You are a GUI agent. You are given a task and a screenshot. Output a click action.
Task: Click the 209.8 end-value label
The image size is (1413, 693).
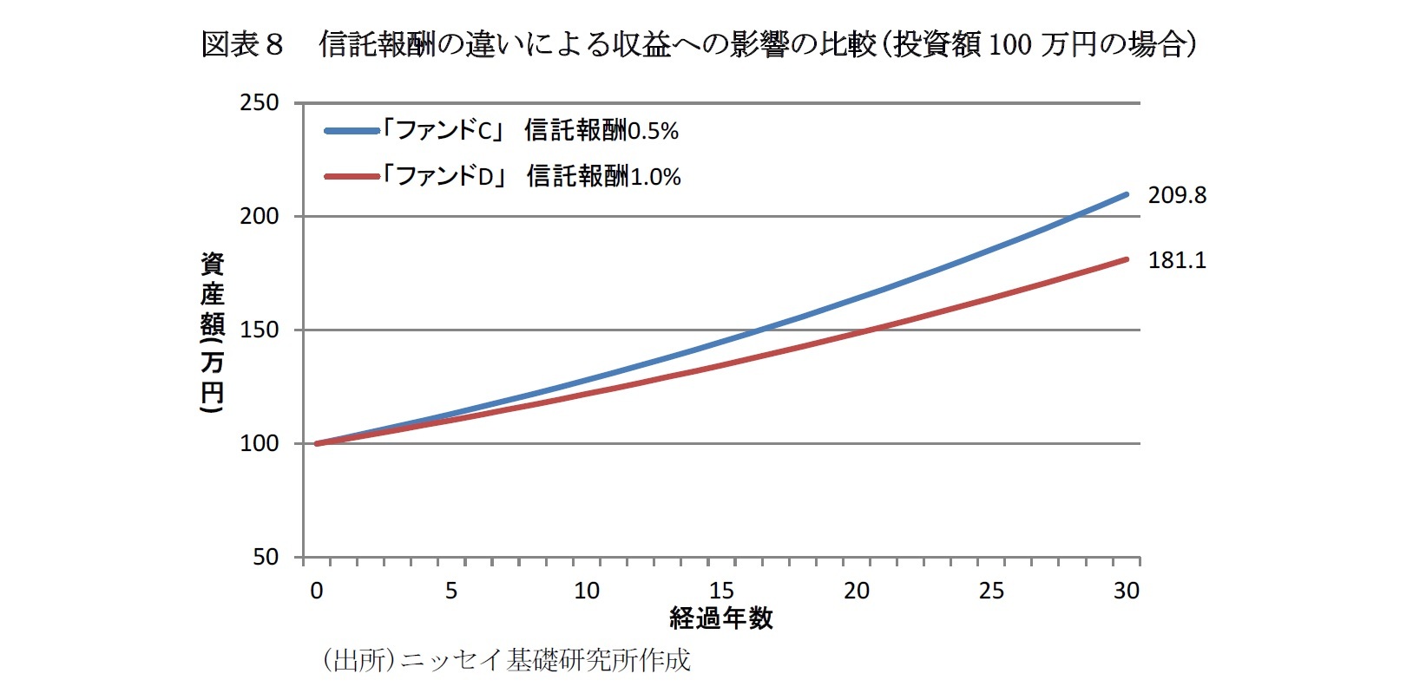coord(1177,195)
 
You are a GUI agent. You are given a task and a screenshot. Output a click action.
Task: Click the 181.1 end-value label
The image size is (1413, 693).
coord(1177,260)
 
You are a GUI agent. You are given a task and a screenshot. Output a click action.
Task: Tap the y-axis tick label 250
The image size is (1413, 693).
coord(259,103)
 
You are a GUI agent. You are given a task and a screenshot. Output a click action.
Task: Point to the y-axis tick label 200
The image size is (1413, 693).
coord(259,216)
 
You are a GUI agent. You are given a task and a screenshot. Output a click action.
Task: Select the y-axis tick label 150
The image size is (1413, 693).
coord(259,330)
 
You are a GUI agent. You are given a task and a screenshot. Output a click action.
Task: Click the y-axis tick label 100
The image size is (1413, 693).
coord(259,443)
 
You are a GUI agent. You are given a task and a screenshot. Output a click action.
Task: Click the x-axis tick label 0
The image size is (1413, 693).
coord(317,591)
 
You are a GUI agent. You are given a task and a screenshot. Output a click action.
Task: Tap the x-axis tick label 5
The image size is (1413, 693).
coord(451,591)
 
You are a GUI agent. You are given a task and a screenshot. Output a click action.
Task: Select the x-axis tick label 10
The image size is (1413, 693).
coord(587,591)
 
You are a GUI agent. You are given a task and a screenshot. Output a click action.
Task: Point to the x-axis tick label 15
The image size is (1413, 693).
coord(721,591)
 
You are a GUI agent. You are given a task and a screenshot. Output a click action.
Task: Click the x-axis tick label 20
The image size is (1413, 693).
coord(857,591)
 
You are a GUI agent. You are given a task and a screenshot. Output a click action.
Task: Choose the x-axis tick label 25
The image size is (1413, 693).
coord(991,591)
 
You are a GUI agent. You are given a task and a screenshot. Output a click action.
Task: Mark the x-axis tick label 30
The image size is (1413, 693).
coord(1127,591)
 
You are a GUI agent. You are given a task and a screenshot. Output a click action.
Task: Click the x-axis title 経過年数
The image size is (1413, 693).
coord(721,618)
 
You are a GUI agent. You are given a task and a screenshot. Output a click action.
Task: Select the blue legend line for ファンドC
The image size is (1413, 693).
coord(352,131)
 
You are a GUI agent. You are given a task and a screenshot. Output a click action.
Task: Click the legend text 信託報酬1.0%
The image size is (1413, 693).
coord(603,177)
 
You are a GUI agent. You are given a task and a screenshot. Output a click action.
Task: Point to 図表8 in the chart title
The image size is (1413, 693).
coord(242,44)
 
